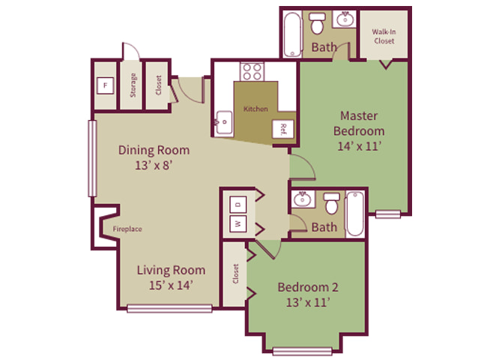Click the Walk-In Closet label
click(x=384, y=36)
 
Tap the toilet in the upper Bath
click(x=317, y=23)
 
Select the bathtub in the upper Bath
click(x=292, y=34)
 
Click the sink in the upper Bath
click(x=345, y=19)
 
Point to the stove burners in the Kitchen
click(x=252, y=72)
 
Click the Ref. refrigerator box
click(x=283, y=129)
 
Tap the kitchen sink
click(x=224, y=122)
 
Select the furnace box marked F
click(x=106, y=85)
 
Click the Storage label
click(x=133, y=85)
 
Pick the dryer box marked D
click(x=238, y=205)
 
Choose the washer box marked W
click(x=238, y=223)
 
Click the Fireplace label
click(x=127, y=229)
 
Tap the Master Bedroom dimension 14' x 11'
click(x=359, y=146)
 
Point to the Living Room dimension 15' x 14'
click(x=171, y=285)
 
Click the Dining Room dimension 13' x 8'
click(x=154, y=166)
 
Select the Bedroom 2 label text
click(x=308, y=287)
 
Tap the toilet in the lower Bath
click(x=332, y=203)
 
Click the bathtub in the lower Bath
click(x=354, y=214)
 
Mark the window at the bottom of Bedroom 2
click(x=302, y=351)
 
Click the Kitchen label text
click(x=255, y=109)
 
